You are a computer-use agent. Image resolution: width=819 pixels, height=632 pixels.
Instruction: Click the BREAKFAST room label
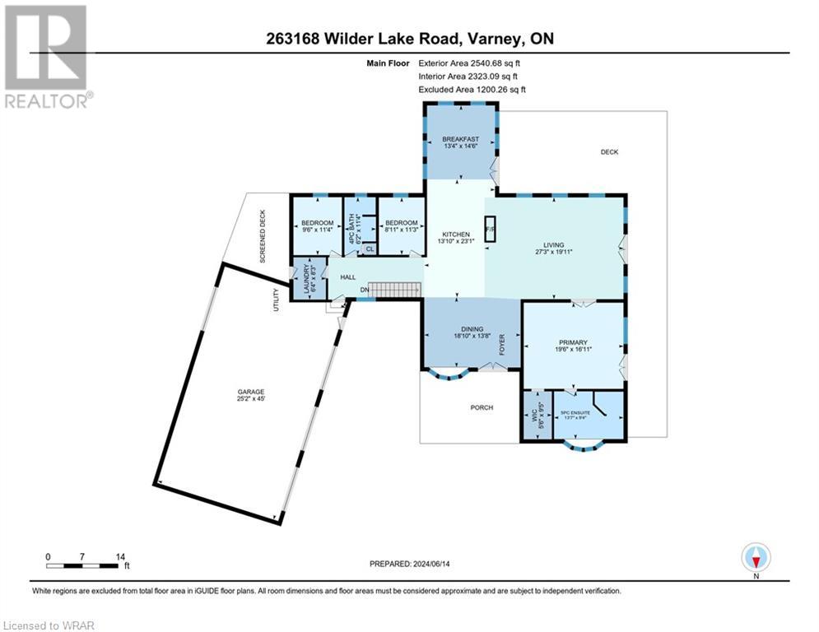tap(459, 139)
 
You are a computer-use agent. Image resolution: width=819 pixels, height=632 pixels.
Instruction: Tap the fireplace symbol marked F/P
tap(489, 230)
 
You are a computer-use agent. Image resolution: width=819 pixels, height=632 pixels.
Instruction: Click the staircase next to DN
tap(393, 289)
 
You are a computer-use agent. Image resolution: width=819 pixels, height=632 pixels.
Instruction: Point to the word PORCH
tap(482, 407)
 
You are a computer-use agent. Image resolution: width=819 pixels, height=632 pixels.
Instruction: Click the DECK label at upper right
tap(608, 151)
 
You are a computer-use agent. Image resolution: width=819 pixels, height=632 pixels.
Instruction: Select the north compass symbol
tap(755, 557)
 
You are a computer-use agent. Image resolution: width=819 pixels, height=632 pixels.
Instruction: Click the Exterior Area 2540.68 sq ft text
tap(472, 62)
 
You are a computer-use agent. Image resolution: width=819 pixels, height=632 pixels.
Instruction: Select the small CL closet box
tap(368, 249)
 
